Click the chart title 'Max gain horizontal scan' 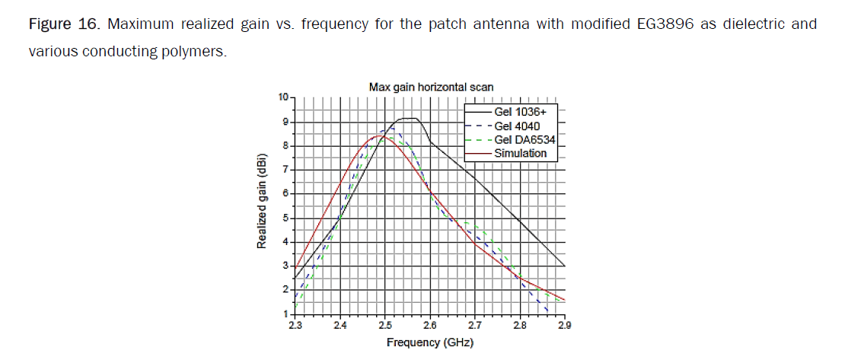[x=430, y=88]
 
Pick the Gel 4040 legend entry [x=520, y=126]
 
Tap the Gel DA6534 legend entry [x=525, y=139]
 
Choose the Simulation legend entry [x=521, y=153]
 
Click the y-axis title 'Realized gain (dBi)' [x=261, y=205]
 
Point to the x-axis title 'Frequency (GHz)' [x=429, y=342]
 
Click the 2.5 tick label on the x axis [x=384, y=325]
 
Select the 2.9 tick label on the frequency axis [x=564, y=325]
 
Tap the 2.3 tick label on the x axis [x=295, y=325]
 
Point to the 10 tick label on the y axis [x=284, y=97]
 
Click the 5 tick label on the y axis [x=286, y=218]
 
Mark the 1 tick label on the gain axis [x=286, y=314]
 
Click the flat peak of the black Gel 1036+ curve [x=409, y=119]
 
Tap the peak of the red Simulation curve [x=378, y=135]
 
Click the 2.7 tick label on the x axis [x=474, y=325]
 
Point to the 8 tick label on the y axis [x=286, y=145]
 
